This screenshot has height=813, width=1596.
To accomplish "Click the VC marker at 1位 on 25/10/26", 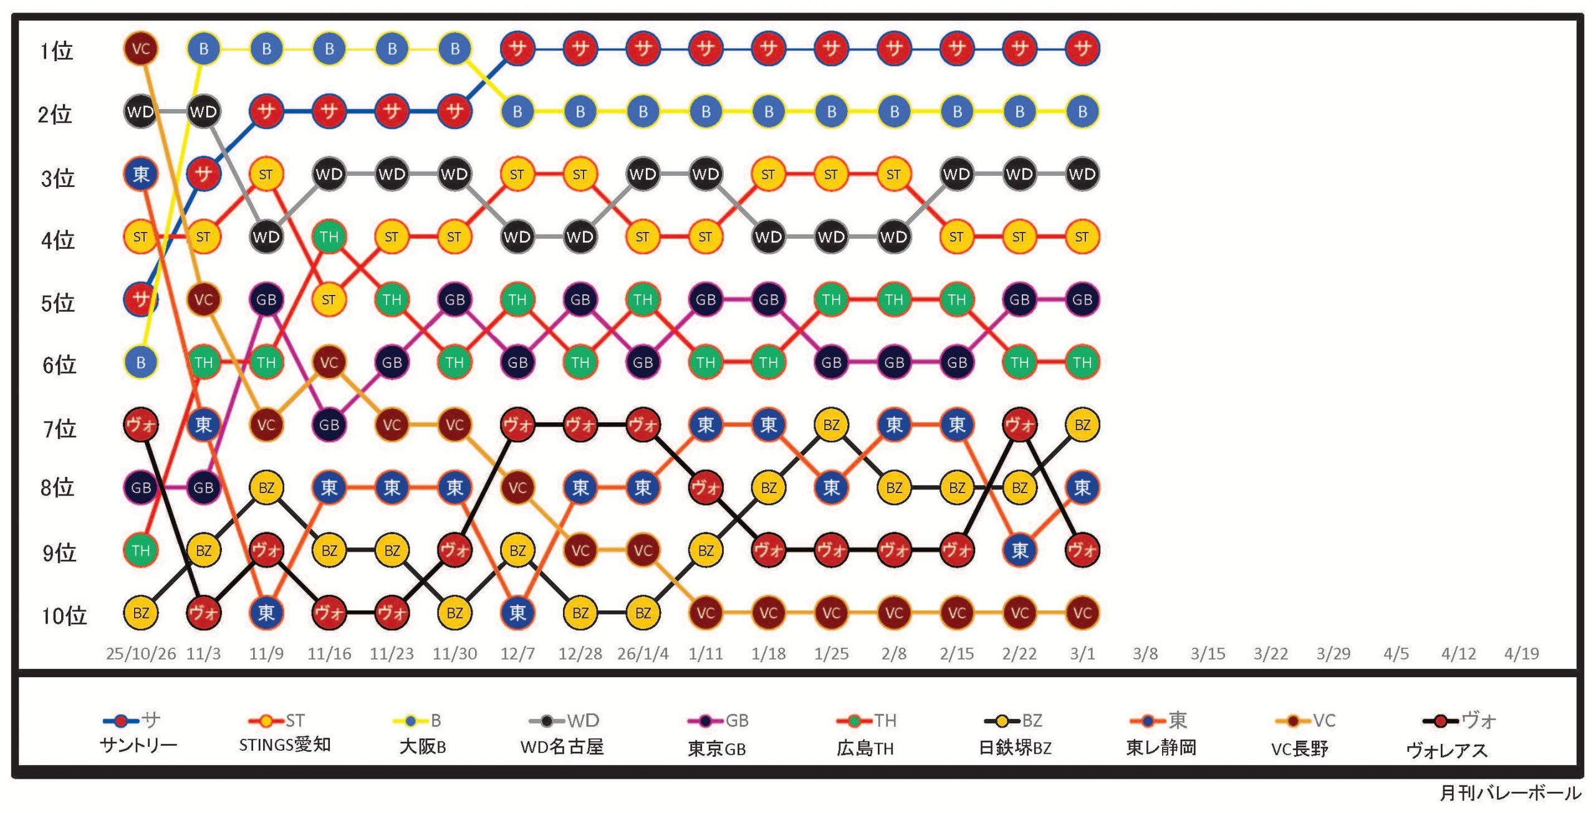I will click(x=141, y=49).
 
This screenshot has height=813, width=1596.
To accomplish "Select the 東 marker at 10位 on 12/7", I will click(x=517, y=613).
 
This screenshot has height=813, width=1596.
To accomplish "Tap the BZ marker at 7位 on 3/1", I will click(x=1082, y=425).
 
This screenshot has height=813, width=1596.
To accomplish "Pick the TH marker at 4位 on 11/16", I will click(x=329, y=237).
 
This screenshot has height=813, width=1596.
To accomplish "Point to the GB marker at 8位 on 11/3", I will click(x=203, y=488).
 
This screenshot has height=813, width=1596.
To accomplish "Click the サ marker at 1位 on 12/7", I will click(x=517, y=49).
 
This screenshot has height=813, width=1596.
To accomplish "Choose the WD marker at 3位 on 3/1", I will click(x=1082, y=174).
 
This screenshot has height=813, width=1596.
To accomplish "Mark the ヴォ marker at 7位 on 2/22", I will click(x=1019, y=425).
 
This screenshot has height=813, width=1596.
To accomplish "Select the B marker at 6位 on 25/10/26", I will click(x=141, y=362).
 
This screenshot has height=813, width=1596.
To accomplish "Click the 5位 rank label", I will click(x=57, y=304).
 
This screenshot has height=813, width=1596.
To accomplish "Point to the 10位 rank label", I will click(x=64, y=616).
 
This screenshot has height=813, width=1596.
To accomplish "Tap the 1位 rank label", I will click(x=56, y=51).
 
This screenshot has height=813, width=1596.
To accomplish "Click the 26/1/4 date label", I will click(x=643, y=653).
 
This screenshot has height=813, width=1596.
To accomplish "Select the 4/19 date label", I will click(x=1521, y=653).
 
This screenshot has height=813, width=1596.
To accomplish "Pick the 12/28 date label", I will click(x=580, y=653).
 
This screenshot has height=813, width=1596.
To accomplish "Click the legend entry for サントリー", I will click(x=138, y=733).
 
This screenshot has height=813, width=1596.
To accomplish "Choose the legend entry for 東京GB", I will click(x=717, y=734).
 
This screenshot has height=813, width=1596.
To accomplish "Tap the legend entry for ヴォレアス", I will click(x=1448, y=736).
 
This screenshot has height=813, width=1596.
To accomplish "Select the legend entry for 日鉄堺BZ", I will click(x=1015, y=734).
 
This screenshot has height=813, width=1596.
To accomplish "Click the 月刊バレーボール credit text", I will click(x=1510, y=793).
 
